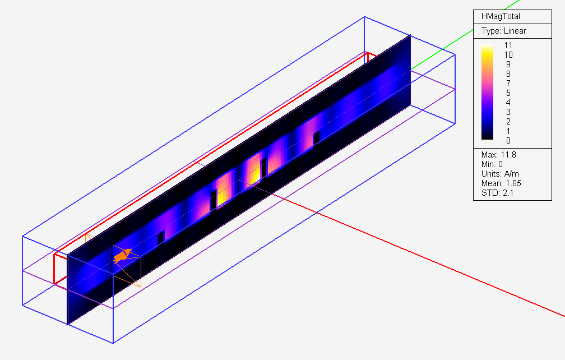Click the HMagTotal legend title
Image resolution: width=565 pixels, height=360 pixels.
pos(501,17)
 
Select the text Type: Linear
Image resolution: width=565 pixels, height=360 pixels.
pos(504,31)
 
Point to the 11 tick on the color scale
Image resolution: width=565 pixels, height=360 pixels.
pos(508,45)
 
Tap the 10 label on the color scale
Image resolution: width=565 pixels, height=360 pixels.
pos(508,55)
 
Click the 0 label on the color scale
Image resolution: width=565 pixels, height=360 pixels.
pos(508,141)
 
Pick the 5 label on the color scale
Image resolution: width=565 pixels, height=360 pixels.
pos(508,93)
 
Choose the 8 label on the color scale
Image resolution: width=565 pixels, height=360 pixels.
pos(508,74)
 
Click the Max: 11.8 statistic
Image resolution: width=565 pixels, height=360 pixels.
pos(499,155)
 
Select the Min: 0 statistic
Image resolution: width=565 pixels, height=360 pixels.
pos(492,164)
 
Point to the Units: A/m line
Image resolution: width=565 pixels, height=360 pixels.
pos(500,174)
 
